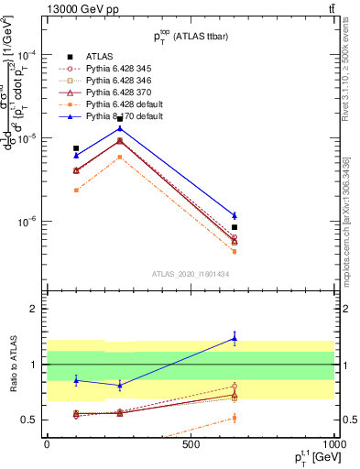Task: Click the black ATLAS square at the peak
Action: (x=120, y=118)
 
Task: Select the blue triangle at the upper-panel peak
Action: (x=120, y=128)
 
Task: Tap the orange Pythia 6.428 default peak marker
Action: (x=120, y=157)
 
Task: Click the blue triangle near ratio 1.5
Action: (x=235, y=338)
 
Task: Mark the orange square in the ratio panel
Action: (x=235, y=418)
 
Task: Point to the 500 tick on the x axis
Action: (x=191, y=445)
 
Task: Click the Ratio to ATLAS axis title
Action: (x=12, y=365)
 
